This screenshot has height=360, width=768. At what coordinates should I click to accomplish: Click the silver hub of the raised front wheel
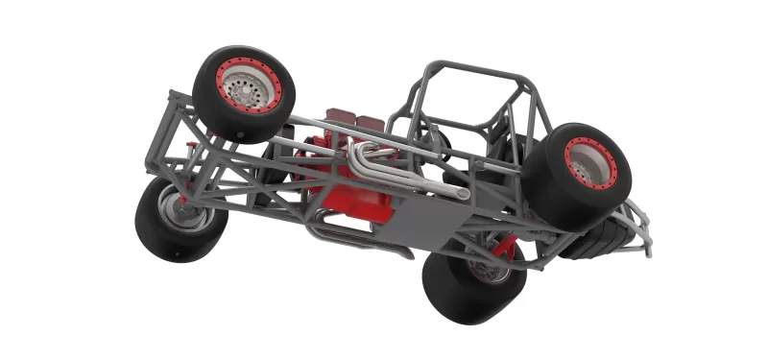[x=249, y=89]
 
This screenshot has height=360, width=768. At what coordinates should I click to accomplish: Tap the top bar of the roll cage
[x=470, y=69]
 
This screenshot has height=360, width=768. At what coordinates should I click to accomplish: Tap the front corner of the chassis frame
[x=174, y=96]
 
